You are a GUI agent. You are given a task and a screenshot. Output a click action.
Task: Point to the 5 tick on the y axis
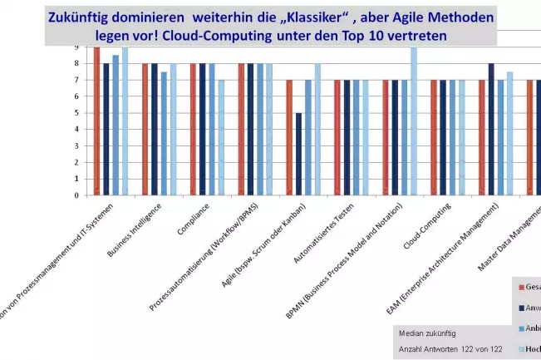click(x=76, y=113)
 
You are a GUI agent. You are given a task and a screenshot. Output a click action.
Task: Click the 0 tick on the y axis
click(x=76, y=195)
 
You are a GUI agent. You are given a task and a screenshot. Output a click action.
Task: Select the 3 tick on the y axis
click(x=76, y=146)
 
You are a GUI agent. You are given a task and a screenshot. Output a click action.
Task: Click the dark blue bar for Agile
click(x=299, y=154)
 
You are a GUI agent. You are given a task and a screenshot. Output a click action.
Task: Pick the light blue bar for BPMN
click(x=413, y=121)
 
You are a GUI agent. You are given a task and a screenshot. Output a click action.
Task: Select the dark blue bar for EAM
click(x=491, y=130)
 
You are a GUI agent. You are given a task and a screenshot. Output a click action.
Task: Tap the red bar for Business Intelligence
click(x=145, y=130)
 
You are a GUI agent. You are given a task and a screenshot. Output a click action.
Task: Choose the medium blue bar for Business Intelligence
click(x=164, y=133)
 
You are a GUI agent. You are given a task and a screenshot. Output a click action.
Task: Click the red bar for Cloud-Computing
click(x=433, y=138)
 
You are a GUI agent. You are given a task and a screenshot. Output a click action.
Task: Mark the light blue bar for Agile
click(x=317, y=130)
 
